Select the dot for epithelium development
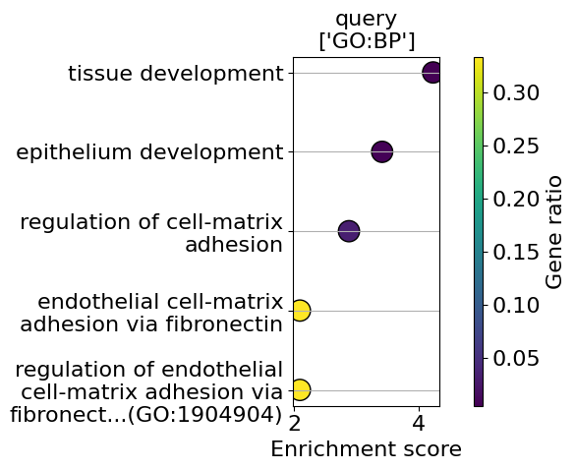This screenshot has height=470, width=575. [x=382, y=151]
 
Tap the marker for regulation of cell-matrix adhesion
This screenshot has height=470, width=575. [x=349, y=231]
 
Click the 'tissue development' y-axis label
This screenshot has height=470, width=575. [x=176, y=74]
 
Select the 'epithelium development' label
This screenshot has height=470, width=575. [x=149, y=151]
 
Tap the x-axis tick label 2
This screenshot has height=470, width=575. [x=295, y=424]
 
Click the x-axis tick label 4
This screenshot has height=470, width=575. [x=419, y=424]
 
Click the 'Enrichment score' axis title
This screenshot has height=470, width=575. [x=367, y=449]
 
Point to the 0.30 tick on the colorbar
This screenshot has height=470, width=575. [x=516, y=92]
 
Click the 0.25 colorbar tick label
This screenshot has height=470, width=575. [x=516, y=146]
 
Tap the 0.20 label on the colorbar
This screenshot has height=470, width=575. [x=516, y=199]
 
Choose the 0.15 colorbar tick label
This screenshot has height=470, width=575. [x=516, y=252]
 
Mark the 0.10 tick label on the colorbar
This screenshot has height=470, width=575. [x=516, y=305]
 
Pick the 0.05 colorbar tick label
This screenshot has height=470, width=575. [x=516, y=358]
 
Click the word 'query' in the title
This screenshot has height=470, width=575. [x=367, y=19]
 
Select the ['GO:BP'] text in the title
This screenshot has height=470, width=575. [x=367, y=41]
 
